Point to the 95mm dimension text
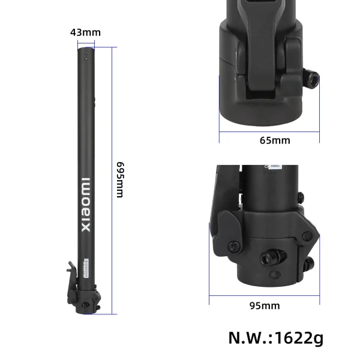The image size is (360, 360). (265, 305)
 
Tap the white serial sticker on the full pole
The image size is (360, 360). (86, 268)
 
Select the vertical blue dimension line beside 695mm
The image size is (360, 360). (112, 180)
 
